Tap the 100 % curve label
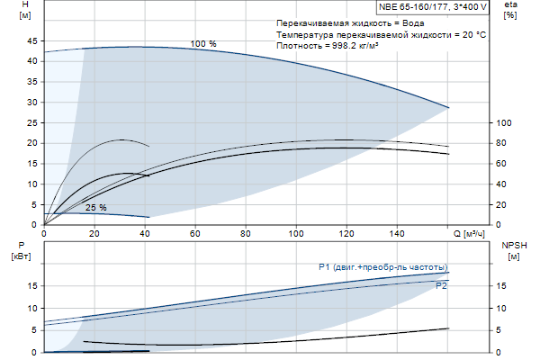203,43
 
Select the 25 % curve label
96,208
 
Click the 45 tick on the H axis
33,41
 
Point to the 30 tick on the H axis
33,103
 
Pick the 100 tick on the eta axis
504,123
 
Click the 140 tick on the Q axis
396,234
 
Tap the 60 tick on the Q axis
194,234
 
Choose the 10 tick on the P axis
33,308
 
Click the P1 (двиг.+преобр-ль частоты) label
382,267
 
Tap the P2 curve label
441,286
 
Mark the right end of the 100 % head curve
448,108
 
